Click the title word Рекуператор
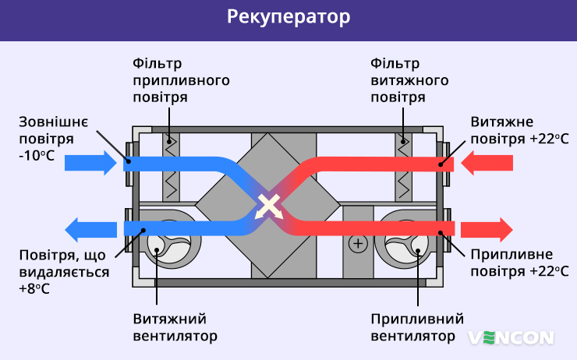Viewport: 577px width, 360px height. point(288,18)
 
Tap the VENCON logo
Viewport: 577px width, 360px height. point(511,337)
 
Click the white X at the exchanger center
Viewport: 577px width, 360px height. point(268,206)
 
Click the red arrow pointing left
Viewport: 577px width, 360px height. point(487,163)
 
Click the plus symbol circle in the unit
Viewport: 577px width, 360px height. point(358,244)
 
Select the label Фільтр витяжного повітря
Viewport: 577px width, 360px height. point(409,80)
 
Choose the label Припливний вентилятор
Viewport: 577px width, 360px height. point(417,327)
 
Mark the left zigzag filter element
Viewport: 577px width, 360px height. point(172,168)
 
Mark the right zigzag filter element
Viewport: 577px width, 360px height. point(404,168)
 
